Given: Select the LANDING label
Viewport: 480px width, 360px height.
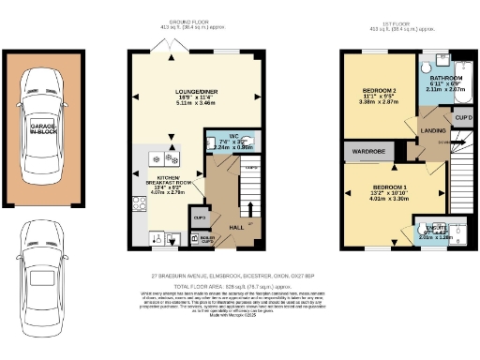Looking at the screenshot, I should (432, 130).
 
